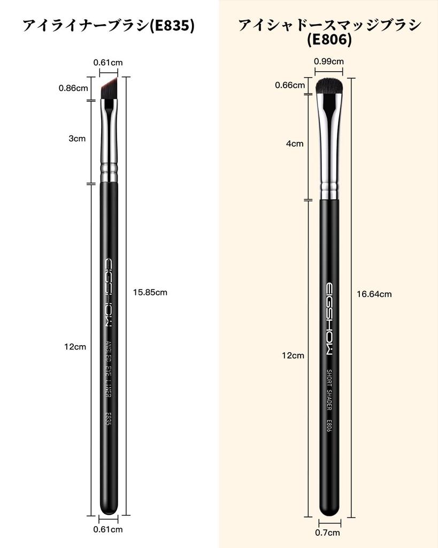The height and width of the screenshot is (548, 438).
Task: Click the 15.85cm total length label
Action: click(150, 292)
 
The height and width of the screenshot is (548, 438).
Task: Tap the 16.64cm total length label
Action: click(374, 294)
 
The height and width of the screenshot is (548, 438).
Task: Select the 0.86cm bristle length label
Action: click(73, 88)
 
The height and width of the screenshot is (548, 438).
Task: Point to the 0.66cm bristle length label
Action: click(290, 85)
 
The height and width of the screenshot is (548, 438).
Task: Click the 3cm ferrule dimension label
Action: click(77, 139)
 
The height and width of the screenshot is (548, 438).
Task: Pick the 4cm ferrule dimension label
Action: click(295, 143)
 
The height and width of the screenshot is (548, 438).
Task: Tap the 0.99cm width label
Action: click(329, 62)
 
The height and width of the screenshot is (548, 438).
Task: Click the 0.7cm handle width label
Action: click(327, 532)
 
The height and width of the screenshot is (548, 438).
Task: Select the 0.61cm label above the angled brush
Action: click(108, 63)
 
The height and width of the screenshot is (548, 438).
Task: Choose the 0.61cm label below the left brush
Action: click(108, 529)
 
